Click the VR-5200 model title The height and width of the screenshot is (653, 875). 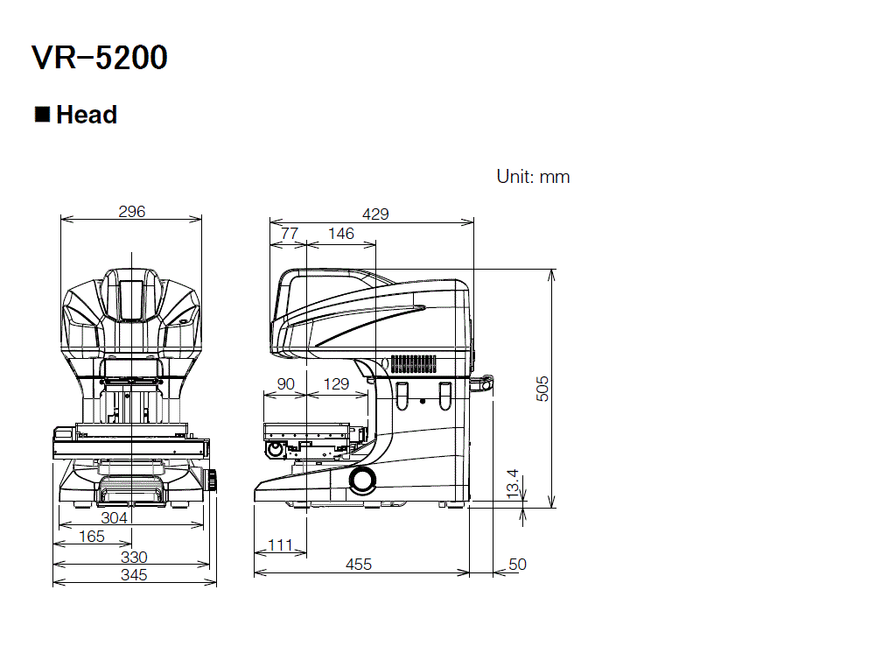(x=99, y=59)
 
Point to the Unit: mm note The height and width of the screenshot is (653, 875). (x=533, y=177)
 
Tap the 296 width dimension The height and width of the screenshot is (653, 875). (x=131, y=211)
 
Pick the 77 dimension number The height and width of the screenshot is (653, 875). (x=288, y=233)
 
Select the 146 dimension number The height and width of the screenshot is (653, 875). (x=340, y=233)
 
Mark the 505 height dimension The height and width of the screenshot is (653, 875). (x=542, y=388)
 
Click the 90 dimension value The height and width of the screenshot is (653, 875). (x=285, y=383)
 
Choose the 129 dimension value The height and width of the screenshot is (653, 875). (x=336, y=383)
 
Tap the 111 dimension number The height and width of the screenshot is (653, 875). (x=280, y=544)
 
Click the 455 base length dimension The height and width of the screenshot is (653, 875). (x=359, y=565)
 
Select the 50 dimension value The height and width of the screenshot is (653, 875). (x=517, y=565)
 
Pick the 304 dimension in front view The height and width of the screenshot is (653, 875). (x=114, y=517)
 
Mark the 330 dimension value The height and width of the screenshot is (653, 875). (x=134, y=557)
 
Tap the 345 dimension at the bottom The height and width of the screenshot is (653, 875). (x=134, y=575)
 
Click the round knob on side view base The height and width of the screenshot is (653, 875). (x=361, y=479)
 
